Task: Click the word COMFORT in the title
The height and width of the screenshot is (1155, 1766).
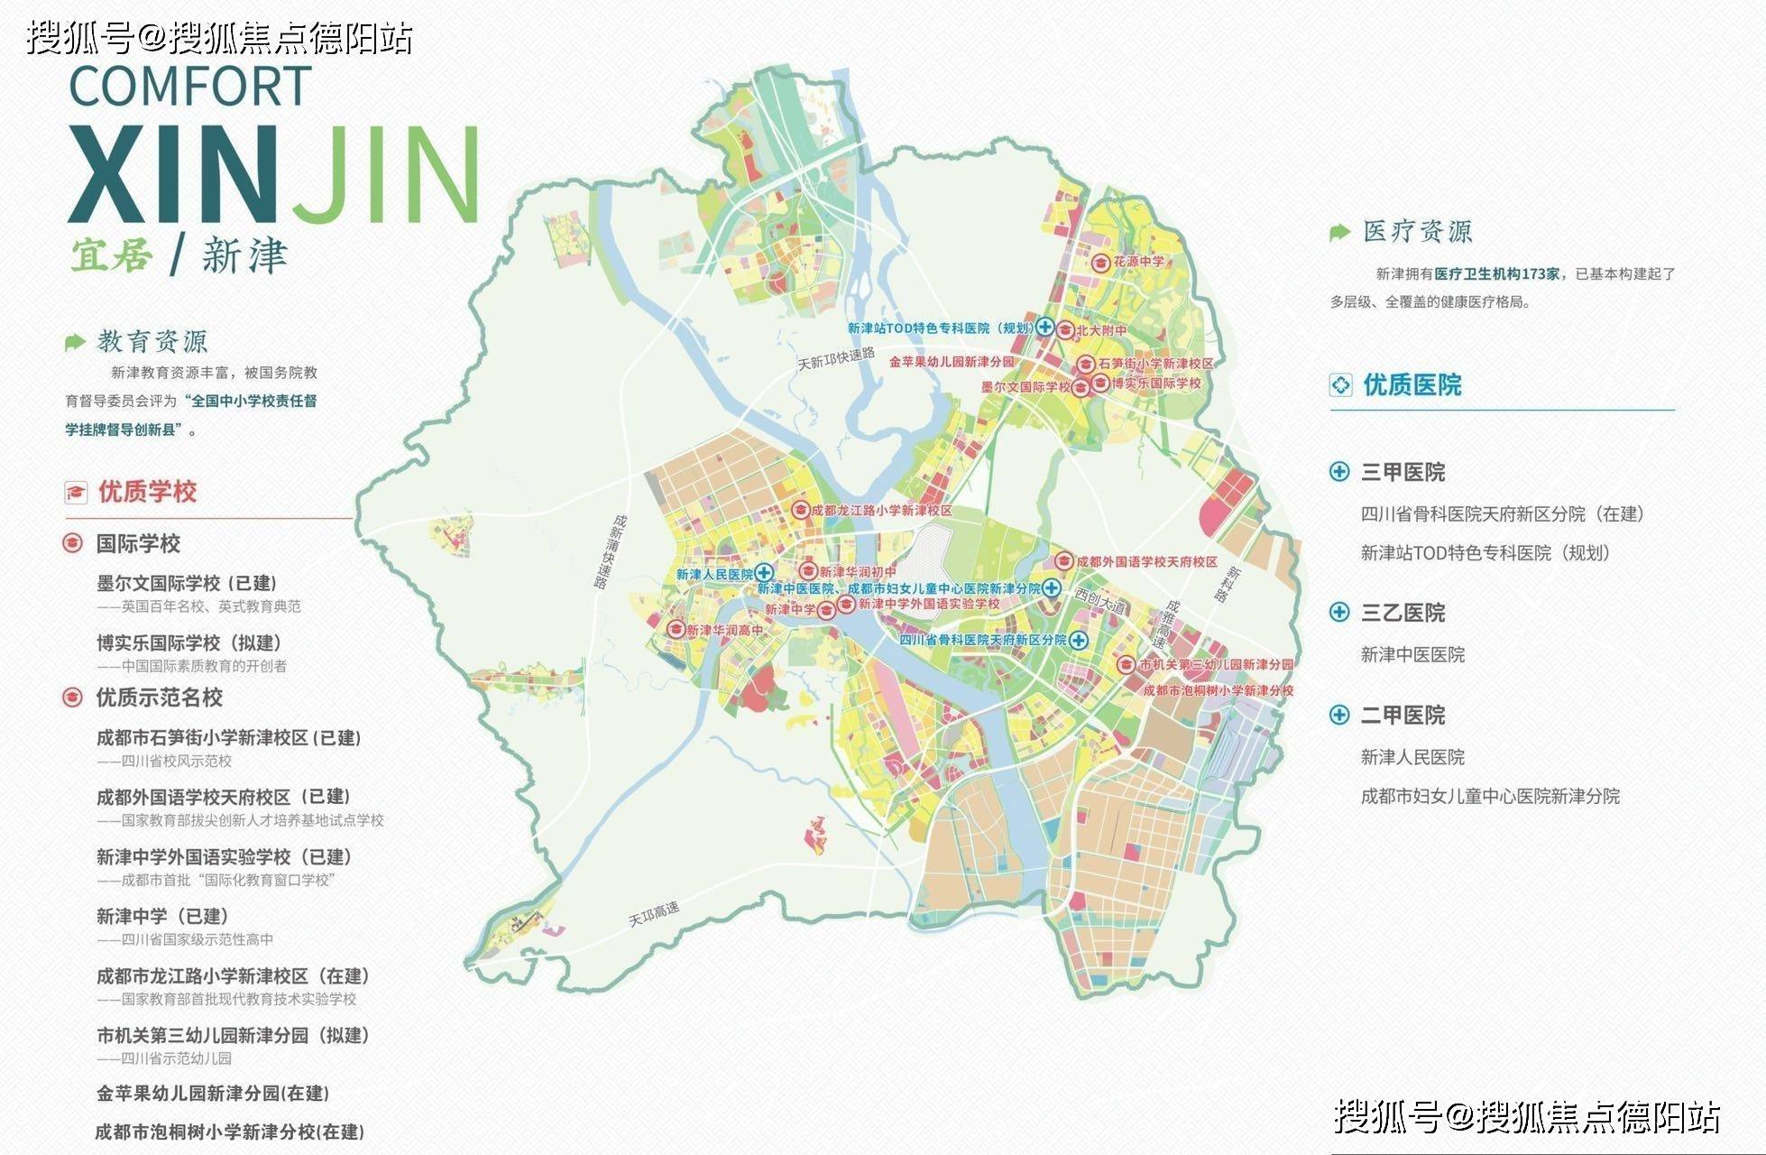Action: click(190, 87)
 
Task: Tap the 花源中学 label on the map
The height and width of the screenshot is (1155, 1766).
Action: click(1138, 262)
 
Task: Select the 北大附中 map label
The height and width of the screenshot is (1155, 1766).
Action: click(1101, 330)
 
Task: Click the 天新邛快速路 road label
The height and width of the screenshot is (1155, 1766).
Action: click(836, 358)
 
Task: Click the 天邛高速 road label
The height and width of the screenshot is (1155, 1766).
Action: click(654, 914)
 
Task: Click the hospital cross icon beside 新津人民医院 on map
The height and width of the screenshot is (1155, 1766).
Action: click(764, 573)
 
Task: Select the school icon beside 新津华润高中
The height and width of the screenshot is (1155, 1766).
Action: click(676, 629)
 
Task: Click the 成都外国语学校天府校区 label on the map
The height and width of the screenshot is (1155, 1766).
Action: click(1146, 561)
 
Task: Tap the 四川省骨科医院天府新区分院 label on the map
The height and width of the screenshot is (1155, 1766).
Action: click(983, 640)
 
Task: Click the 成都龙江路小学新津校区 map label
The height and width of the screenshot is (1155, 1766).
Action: click(881, 510)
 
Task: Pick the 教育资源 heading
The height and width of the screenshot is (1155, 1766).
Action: click(152, 341)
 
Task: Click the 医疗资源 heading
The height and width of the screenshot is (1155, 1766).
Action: click(1417, 232)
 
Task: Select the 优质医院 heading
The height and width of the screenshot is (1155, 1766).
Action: click(1412, 385)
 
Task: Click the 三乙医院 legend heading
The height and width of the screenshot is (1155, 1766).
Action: click(1403, 614)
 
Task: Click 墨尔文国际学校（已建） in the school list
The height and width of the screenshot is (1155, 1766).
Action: click(187, 584)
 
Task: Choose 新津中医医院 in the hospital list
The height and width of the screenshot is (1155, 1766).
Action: click(1412, 655)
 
